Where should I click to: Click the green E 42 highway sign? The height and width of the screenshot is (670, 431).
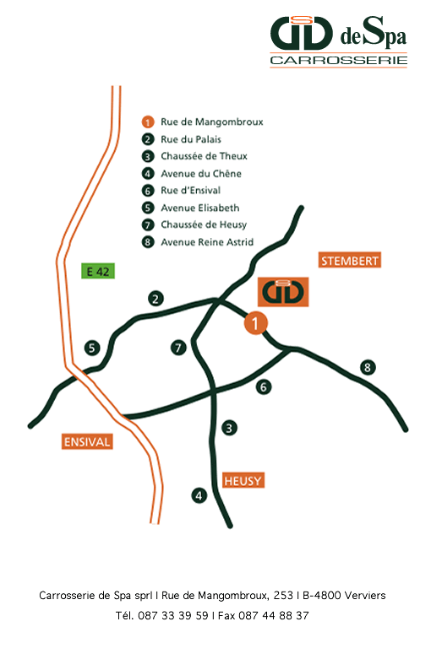click(98, 272)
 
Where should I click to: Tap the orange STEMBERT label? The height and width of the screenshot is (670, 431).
click(350, 260)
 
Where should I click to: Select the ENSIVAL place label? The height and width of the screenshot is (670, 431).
click(87, 441)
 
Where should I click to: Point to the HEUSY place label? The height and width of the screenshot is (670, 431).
click(243, 480)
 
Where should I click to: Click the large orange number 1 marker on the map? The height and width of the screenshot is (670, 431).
click(255, 323)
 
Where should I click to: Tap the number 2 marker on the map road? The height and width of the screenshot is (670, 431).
click(155, 298)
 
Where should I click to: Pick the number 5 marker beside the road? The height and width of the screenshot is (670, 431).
click(92, 349)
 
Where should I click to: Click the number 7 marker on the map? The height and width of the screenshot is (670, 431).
click(178, 348)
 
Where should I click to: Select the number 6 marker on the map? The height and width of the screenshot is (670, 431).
click(264, 387)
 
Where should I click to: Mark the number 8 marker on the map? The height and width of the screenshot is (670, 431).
click(368, 367)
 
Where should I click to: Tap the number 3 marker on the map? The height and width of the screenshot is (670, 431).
click(229, 428)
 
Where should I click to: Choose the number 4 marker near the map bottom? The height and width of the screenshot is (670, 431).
click(199, 495)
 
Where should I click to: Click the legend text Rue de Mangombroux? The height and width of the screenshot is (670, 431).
click(212, 122)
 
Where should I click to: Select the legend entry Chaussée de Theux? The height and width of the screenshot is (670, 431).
click(205, 156)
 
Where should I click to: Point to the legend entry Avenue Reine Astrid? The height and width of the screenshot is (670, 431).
click(207, 242)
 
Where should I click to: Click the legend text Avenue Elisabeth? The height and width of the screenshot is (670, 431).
click(200, 208)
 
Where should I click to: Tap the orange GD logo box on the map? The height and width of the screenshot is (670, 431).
click(283, 292)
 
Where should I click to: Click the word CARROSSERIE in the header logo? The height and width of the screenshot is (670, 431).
click(339, 61)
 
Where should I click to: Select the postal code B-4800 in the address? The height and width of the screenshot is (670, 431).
click(321, 595)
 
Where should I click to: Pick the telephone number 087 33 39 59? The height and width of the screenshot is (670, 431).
click(173, 615)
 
